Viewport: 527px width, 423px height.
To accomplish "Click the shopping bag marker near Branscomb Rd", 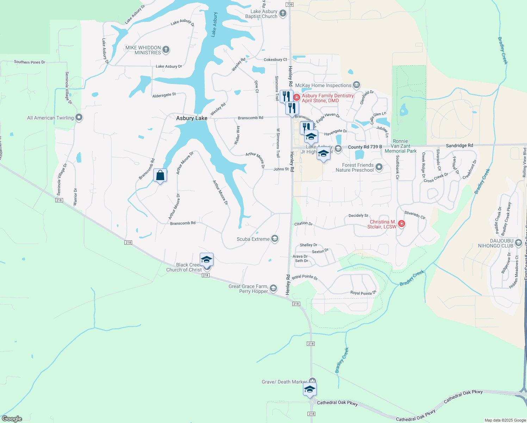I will click(x=160, y=176).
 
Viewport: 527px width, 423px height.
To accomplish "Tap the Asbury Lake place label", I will click(x=192, y=118).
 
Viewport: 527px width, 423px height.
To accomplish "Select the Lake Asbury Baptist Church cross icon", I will click(x=283, y=14).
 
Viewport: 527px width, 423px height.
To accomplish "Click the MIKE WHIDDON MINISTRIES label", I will click(x=143, y=50).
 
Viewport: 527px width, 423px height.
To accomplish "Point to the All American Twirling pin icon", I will click(x=79, y=117).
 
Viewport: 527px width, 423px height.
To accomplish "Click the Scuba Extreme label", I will click(x=253, y=239).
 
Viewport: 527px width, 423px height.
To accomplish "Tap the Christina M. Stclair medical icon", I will click(x=401, y=224).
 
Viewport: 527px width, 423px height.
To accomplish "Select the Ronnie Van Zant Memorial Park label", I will click(x=401, y=146).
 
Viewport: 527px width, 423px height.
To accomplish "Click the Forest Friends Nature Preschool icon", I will click(x=379, y=167).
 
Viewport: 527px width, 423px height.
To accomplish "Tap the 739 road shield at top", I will click(x=290, y=5).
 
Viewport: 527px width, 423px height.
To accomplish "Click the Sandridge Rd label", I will click(x=459, y=145).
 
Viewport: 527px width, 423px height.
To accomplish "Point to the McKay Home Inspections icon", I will click(x=356, y=85).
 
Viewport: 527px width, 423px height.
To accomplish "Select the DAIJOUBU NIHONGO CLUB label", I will click(x=496, y=243).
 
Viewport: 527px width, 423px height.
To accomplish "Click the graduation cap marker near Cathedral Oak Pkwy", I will click(x=310, y=390).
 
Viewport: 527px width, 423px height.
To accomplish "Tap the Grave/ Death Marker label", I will click(x=284, y=382).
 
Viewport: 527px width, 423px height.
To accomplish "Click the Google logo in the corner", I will click(x=12, y=419).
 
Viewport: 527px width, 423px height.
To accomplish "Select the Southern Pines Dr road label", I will click(x=30, y=62).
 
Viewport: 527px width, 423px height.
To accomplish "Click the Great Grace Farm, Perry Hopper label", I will click(x=248, y=289).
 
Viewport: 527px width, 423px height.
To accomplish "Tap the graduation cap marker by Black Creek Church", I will click(x=206, y=260).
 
